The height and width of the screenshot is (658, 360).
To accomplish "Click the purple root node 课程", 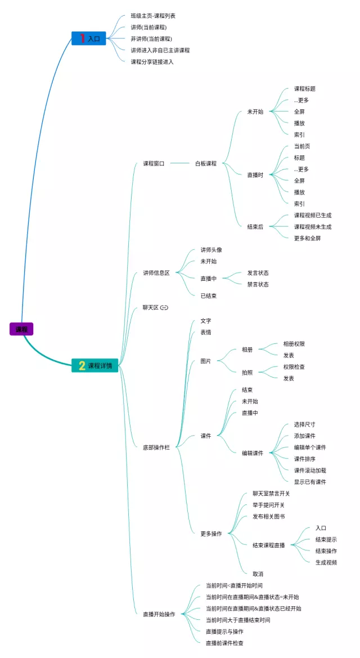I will coord(21,329).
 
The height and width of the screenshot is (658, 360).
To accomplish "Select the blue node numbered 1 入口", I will coord(89,38).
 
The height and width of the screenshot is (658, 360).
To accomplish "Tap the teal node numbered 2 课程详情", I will coord(95,366).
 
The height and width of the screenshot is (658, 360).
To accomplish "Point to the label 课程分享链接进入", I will coord(152,61).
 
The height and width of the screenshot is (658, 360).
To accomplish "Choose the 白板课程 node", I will coord(205,164).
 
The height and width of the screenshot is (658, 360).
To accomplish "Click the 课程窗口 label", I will coord(154,164).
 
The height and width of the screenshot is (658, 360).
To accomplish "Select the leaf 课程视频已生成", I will coord(313,215).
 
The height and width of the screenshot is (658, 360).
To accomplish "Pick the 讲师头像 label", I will coord(211,250).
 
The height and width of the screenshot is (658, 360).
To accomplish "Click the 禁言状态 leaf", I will coord(258,284).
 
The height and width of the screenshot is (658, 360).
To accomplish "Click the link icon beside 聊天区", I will coord(164,307).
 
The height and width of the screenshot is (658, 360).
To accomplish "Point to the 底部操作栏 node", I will coord(156,447).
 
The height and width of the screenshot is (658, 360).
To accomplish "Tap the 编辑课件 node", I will coord(253,453).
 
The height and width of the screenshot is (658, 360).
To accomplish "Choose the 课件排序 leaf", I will coord(305,459).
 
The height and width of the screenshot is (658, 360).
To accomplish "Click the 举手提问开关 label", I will coord(268,505).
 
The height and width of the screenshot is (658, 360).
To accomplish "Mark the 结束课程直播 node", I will coord(268,545).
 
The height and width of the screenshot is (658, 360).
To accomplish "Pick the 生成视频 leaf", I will coord(326,562).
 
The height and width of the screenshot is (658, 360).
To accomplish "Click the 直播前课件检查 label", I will coord(224,643).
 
